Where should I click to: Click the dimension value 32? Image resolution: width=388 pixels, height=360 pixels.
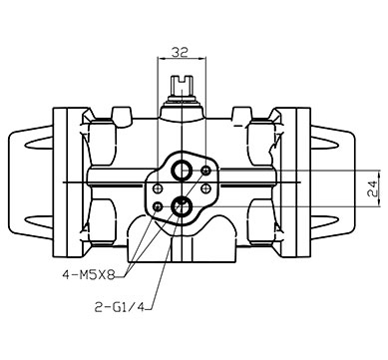180,52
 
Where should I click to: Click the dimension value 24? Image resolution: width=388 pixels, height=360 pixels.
372,188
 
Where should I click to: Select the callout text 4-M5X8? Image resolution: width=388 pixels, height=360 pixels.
89,275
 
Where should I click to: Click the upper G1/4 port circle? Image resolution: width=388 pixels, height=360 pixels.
182,171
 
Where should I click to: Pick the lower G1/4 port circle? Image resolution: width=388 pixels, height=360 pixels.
182,206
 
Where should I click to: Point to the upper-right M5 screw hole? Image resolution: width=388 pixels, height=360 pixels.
206,171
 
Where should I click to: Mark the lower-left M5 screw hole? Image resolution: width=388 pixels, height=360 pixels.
158,206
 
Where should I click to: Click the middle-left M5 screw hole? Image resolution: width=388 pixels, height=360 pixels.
158,188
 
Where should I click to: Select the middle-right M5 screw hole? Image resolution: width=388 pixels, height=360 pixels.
206,188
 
